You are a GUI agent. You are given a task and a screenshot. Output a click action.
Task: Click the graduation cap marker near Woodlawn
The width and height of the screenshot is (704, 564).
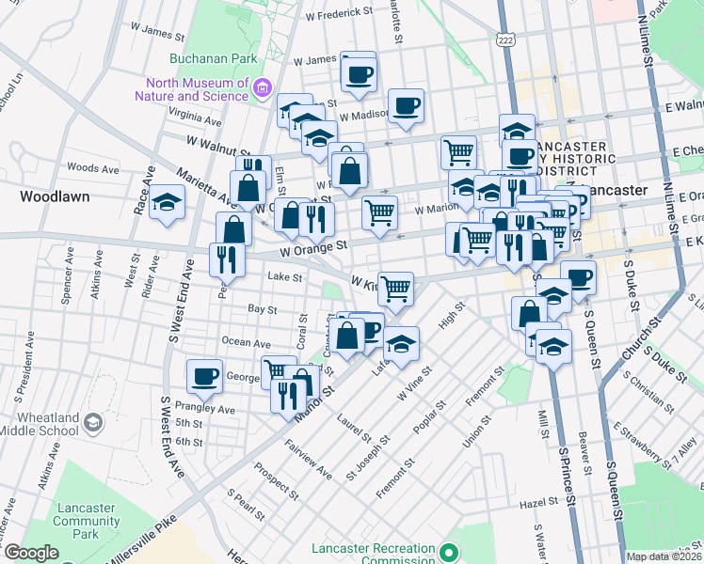167,203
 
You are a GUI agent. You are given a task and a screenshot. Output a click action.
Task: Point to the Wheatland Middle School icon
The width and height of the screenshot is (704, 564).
93,424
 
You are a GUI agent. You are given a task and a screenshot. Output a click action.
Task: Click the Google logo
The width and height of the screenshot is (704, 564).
31,553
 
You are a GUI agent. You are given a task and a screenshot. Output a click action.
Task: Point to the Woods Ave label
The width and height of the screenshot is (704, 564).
93,168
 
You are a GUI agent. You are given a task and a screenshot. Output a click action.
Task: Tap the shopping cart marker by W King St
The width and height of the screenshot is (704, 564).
396,289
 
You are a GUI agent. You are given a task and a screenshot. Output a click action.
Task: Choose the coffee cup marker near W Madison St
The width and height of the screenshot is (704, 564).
407,105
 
